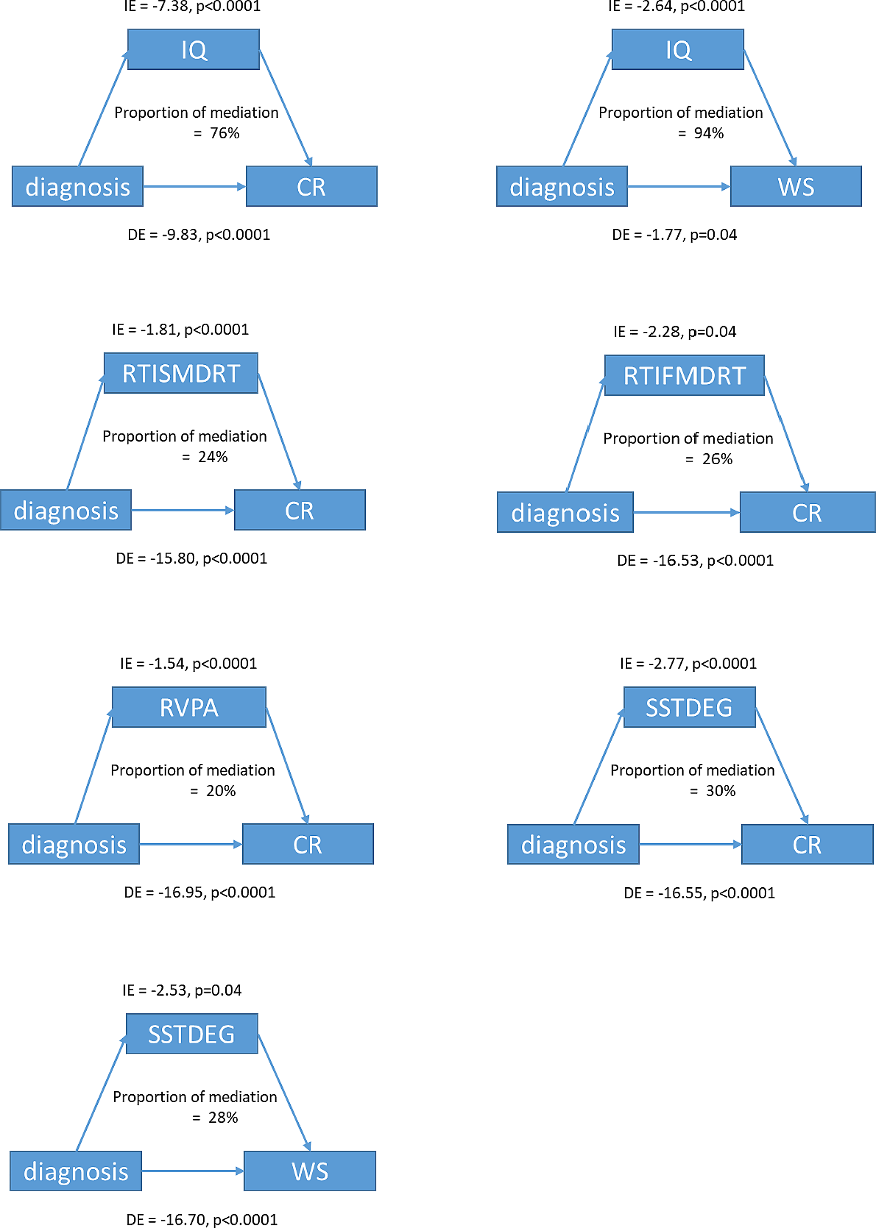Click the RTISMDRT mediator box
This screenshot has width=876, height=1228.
[x=181, y=373]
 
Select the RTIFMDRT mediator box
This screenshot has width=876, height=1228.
[x=684, y=375]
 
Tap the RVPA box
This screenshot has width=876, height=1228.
[x=189, y=707]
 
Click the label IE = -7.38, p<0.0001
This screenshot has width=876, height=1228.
[x=192, y=7]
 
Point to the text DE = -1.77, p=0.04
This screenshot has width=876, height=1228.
[x=674, y=235]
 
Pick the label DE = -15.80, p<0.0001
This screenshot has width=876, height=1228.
[x=192, y=558]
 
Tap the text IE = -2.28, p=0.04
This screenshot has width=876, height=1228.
[x=674, y=331]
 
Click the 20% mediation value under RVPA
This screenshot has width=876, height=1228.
[x=220, y=790]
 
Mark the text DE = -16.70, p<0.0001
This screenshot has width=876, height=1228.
[x=202, y=1219]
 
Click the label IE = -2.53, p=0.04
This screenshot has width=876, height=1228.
[x=182, y=990]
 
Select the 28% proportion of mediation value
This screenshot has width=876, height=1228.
[x=223, y=1117]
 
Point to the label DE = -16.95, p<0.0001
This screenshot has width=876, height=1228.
[x=200, y=892]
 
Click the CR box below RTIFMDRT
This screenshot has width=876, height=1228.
[x=807, y=512]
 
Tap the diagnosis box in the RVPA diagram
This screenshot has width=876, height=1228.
[x=74, y=844]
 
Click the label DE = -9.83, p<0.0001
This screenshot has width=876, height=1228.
[x=199, y=235]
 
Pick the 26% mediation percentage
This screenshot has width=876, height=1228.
[x=717, y=459]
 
